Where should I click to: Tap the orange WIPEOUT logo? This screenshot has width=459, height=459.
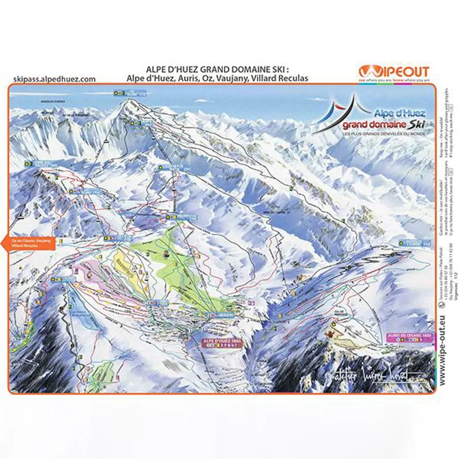point(394,72)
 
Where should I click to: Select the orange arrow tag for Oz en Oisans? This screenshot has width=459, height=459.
point(29,242)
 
